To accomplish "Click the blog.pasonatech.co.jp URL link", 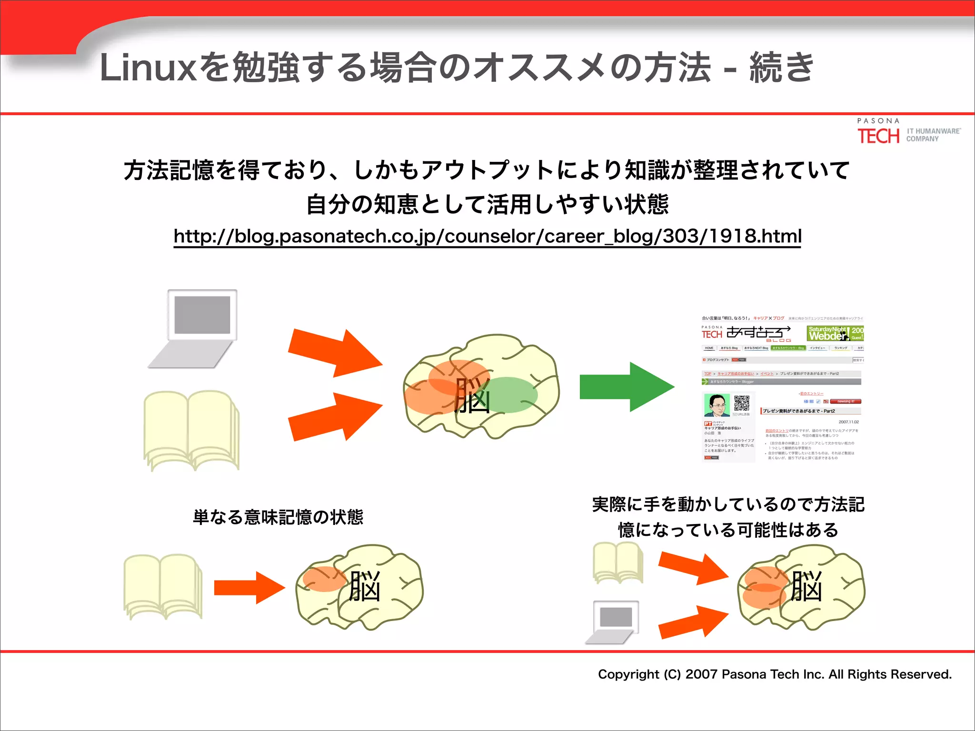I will tap(487, 236).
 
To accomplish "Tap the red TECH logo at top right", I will tap(878, 136).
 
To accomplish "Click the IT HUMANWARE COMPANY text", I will tap(933, 135).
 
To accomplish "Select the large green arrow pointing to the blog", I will tap(626, 387).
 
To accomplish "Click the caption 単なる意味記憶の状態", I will tap(278, 517).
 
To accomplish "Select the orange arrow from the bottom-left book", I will tap(249, 588).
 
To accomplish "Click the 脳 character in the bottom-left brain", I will tap(365, 587).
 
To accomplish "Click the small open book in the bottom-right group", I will tap(618, 563).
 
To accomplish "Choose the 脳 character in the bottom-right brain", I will tap(806, 587).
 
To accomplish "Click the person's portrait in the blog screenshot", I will tap(716, 405).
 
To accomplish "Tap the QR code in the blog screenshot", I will tap(742, 403).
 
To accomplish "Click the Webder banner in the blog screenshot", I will tap(835, 333).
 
